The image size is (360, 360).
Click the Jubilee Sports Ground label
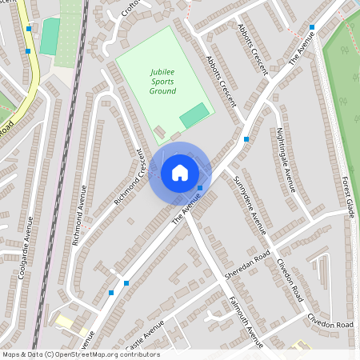coord(162,81)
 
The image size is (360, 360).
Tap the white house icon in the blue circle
coord(180,172)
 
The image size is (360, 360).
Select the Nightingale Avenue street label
coord(286,160)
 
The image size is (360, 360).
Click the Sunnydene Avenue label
coord(250,205)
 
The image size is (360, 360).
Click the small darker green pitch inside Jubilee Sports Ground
coord(194,115)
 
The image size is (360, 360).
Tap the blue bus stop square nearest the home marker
coord(200,188)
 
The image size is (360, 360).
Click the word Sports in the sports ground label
coord(162,81)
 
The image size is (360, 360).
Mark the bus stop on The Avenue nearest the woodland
coord(312,27)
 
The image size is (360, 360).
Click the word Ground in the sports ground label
coord(162,90)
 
